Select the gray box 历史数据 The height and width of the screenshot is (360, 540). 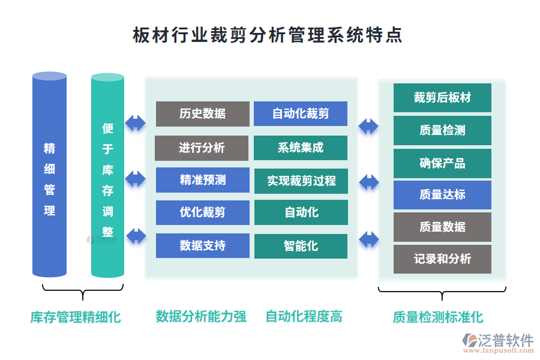click(x=202, y=114)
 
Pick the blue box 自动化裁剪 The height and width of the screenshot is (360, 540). click(x=301, y=114)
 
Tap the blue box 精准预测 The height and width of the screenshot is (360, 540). click(x=202, y=180)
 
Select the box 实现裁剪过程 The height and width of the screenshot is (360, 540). click(x=301, y=181)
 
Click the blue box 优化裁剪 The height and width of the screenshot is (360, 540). click(x=202, y=212)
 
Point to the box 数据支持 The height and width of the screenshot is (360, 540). click(x=202, y=245)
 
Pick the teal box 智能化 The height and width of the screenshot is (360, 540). click(x=301, y=246)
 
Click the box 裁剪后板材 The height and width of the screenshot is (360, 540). click(x=442, y=98)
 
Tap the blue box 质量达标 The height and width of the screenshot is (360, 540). click(x=442, y=194)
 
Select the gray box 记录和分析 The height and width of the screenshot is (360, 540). click(x=442, y=259)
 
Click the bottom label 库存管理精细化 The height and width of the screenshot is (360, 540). click(x=76, y=317)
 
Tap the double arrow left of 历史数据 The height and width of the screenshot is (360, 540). click(x=136, y=124)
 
